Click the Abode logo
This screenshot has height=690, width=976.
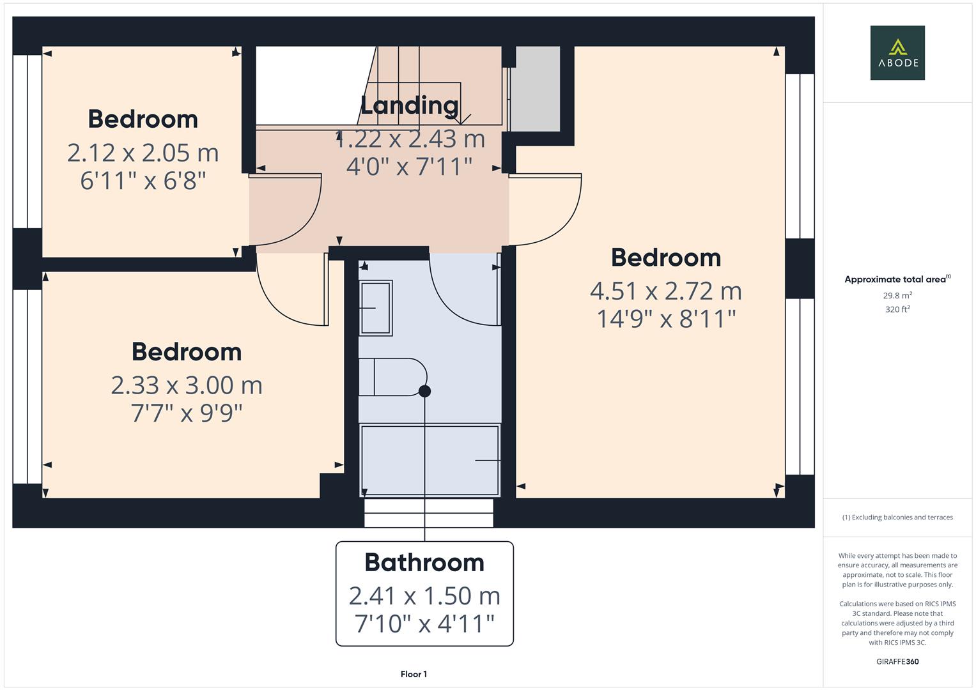[x=897, y=52]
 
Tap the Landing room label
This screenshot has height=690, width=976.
[x=409, y=105]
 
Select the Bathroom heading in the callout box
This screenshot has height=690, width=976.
[x=424, y=562]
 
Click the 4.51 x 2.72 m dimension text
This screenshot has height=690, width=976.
[x=666, y=291]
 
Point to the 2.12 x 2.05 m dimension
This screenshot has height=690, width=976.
[x=143, y=153]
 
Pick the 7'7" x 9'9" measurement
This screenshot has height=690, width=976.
[x=187, y=413]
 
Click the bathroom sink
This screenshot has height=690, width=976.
[x=375, y=308]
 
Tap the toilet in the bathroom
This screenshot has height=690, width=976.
[x=392, y=377]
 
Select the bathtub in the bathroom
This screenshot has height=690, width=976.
[x=430, y=461]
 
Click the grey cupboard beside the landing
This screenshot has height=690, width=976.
[x=535, y=88]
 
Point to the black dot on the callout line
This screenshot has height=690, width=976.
[x=425, y=391]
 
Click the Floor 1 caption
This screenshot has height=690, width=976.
[x=414, y=674]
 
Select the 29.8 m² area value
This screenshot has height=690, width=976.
[x=897, y=295]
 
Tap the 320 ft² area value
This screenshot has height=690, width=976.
[x=897, y=309]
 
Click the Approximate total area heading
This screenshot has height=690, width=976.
[x=897, y=279]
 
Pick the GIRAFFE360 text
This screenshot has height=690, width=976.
[x=897, y=661]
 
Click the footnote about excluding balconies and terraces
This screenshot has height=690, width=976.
[x=897, y=517]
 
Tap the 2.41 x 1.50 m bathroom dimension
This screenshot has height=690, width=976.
[x=424, y=596]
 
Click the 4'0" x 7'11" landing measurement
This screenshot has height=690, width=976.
[x=409, y=167]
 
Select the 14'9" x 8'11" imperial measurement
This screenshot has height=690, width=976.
[x=666, y=319]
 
